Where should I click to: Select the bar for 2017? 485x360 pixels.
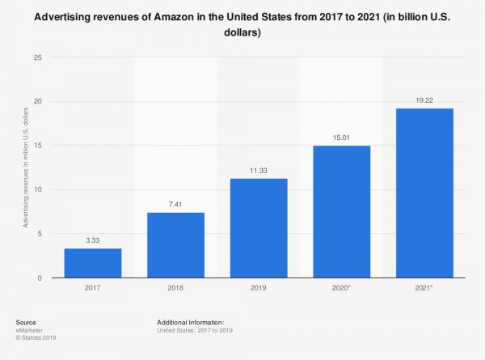[x=93, y=263]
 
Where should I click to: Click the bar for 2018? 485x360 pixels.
[x=175, y=245]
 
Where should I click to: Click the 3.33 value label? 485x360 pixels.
[x=93, y=240]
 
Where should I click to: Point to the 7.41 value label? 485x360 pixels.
[x=175, y=204]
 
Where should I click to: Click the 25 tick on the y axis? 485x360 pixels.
[x=37, y=57]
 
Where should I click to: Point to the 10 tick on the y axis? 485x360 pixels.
[x=37, y=190]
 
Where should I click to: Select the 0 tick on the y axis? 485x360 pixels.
[x=40, y=278]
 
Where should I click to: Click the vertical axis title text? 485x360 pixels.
[x=27, y=168]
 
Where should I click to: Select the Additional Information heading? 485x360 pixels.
[x=192, y=322]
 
